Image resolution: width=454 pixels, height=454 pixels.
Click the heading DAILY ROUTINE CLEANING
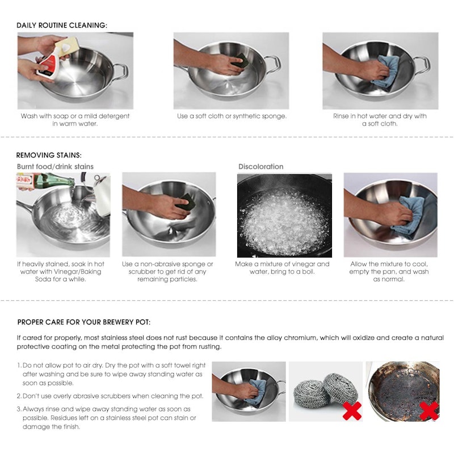[62, 26]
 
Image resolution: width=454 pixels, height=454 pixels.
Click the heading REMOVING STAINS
[49, 155]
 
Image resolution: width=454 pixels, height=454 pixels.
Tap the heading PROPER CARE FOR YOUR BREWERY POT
[84, 322]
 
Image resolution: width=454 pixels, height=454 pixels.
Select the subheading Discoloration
[260, 166]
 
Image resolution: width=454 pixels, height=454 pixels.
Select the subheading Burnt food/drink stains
[55, 166]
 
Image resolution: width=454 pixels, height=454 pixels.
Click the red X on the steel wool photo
[352, 410]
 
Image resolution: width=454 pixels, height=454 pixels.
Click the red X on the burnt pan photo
[428, 410]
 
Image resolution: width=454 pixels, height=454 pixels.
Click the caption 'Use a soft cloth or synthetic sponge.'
[232, 116]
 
